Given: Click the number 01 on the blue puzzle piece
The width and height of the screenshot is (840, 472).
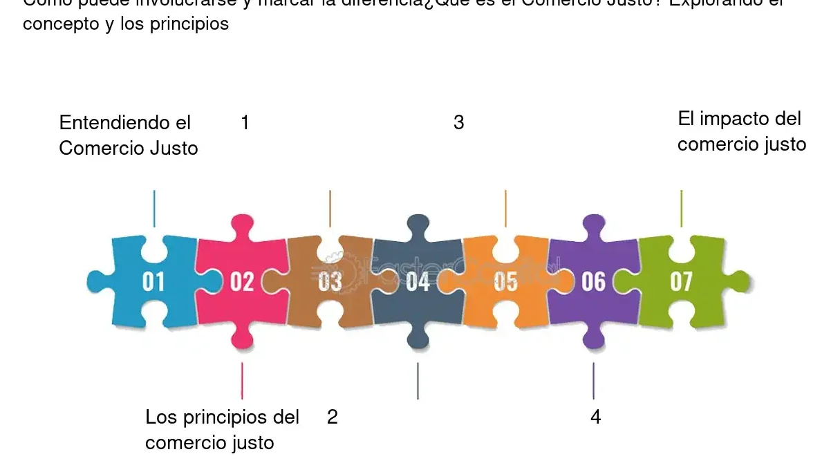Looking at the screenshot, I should coord(153,282).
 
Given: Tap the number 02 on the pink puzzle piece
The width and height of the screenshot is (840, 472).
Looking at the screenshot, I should coord(242,282).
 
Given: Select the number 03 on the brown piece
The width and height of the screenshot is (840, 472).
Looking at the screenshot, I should coord(330,282).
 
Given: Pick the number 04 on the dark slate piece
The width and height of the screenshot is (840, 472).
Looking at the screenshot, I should coord(418,282).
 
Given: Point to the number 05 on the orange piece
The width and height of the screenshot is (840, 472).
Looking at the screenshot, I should coord(505,282).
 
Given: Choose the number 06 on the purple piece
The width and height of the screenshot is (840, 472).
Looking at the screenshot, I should coord(593,282).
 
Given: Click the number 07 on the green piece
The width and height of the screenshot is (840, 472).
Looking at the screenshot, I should coord(681,282).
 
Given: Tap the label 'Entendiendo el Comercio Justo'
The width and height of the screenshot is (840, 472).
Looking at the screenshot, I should coord(129,135).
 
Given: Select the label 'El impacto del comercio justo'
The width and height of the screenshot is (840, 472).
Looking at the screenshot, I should coord(741,131).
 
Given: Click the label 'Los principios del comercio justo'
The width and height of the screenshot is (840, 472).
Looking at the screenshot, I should coord(222,430).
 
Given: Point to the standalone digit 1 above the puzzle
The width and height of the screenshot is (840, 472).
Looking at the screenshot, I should coord(245,123).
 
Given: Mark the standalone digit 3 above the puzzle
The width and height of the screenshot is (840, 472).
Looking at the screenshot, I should coord(458,123).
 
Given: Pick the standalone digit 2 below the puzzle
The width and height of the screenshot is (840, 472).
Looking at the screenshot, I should coord(333,417).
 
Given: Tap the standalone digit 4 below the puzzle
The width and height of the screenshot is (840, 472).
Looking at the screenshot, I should coord(595,417).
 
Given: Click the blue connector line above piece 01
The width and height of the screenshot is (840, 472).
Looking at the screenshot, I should coord(154,208).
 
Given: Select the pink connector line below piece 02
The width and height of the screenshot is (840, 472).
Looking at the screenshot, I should coord(242,381).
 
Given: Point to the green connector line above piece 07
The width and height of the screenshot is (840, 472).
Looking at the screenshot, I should coord(682,208).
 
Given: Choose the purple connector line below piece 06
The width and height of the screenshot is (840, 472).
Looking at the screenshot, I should coord(593,381).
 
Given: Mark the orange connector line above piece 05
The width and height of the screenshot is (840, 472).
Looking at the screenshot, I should coord(505,208).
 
